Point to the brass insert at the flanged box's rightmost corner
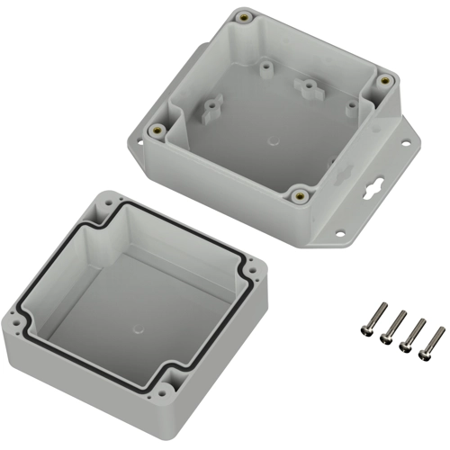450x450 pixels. [x=384, y=80]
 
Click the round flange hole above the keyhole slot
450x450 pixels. [x=398, y=144]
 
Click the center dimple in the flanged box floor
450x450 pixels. [x=272, y=142]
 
